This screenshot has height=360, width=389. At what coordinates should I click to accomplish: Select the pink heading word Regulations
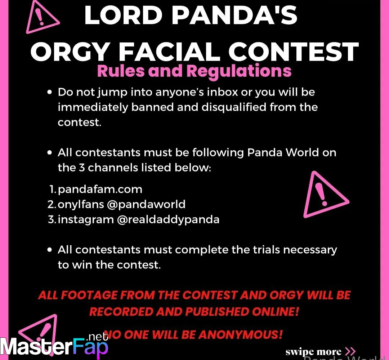tap(239, 71)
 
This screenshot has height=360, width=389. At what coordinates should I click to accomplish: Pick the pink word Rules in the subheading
tap(121, 71)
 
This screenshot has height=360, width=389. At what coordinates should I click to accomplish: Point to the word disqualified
tap(234, 107)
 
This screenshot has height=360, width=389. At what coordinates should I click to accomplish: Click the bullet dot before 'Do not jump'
tap(50, 92)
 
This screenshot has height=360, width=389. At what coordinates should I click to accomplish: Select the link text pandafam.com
tap(100, 190)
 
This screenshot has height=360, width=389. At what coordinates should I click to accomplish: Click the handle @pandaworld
tap(146, 205)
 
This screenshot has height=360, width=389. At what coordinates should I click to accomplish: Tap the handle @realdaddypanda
tap(168, 220)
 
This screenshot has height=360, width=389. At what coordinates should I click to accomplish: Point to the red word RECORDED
tap(121, 312)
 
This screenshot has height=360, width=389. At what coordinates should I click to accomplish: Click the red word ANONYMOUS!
tap(240, 335)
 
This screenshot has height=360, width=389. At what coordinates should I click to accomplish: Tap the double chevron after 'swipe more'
tap(350, 351)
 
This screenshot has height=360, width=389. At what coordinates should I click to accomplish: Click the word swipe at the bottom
tap(300, 352)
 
